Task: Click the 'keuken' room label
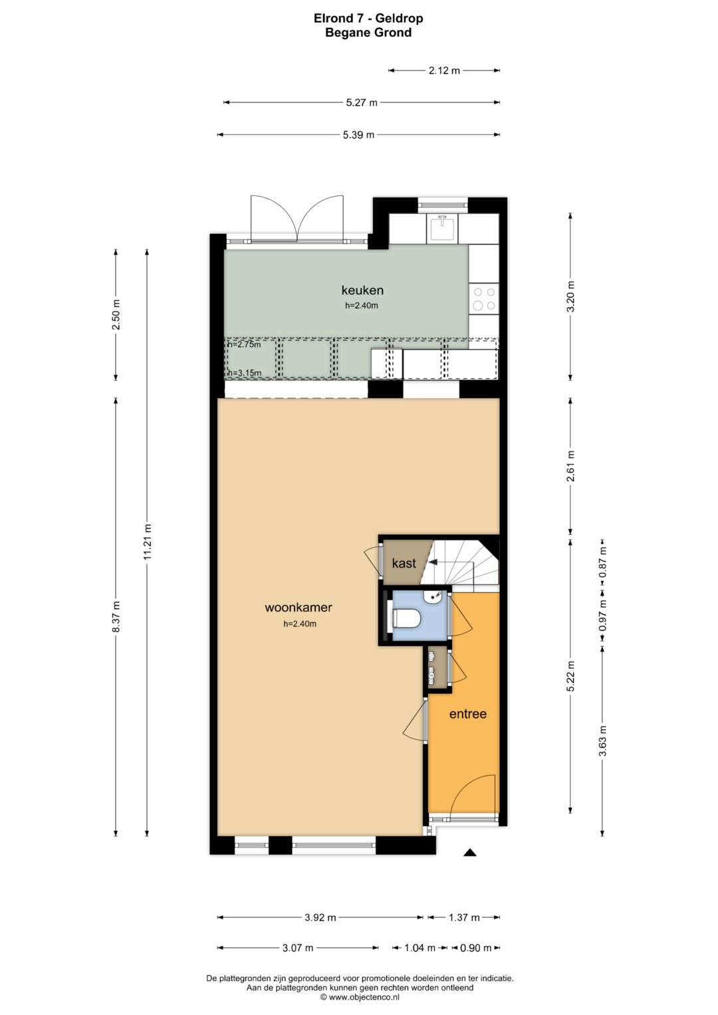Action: click(x=362, y=290)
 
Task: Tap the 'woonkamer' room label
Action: click(x=299, y=607)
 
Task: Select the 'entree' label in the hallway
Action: click(x=468, y=714)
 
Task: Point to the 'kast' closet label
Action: click(x=404, y=563)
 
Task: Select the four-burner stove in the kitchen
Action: click(x=484, y=299)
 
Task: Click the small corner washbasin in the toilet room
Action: click(x=433, y=597)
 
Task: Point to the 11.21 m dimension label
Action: click(x=148, y=542)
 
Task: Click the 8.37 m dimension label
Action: click(x=116, y=616)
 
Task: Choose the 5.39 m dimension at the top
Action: click(x=358, y=134)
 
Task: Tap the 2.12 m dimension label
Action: click(x=444, y=70)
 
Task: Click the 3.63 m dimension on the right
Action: click(x=602, y=741)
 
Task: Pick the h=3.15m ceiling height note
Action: click(x=245, y=373)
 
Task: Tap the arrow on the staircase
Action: click(x=433, y=562)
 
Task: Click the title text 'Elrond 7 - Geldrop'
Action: click(x=368, y=19)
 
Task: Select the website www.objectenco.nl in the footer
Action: click(x=364, y=997)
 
